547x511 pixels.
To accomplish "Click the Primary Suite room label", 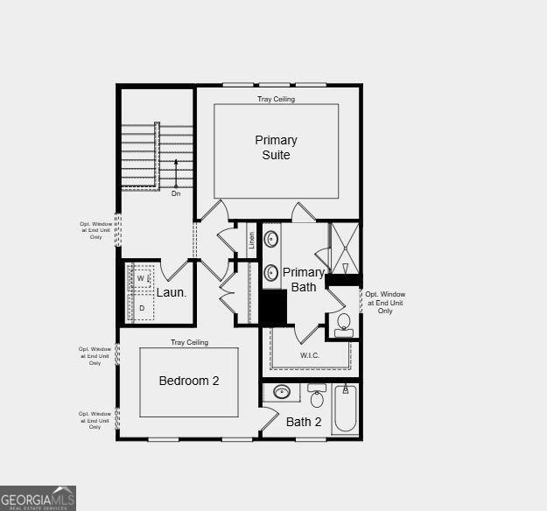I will pos(276,147).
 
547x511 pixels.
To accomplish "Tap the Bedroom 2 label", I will pos(188,381).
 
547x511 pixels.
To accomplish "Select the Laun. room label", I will pos(172,292).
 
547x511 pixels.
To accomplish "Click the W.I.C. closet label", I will pos(310,355).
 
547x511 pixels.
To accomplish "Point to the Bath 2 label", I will pos(304,422).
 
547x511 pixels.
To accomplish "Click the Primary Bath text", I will pos(304,280).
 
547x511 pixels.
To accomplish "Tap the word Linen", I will pos(252,240).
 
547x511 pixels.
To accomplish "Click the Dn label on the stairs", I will pos(176,193).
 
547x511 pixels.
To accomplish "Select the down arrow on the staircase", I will pos(176,172).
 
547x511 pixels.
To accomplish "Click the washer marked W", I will pos(140,278).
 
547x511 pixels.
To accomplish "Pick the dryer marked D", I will pos(141,308).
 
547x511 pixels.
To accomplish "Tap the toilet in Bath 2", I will pos(316,398).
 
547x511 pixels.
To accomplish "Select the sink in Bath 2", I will pos(283,392).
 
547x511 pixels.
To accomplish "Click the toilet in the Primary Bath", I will pos(343,324).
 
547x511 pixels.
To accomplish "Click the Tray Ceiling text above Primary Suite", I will pos(276,99).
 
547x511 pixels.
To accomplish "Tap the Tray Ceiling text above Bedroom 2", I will pos(189,342).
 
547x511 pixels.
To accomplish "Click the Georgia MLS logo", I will pos(38,498).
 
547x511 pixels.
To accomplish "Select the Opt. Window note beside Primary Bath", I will pos(385,302).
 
